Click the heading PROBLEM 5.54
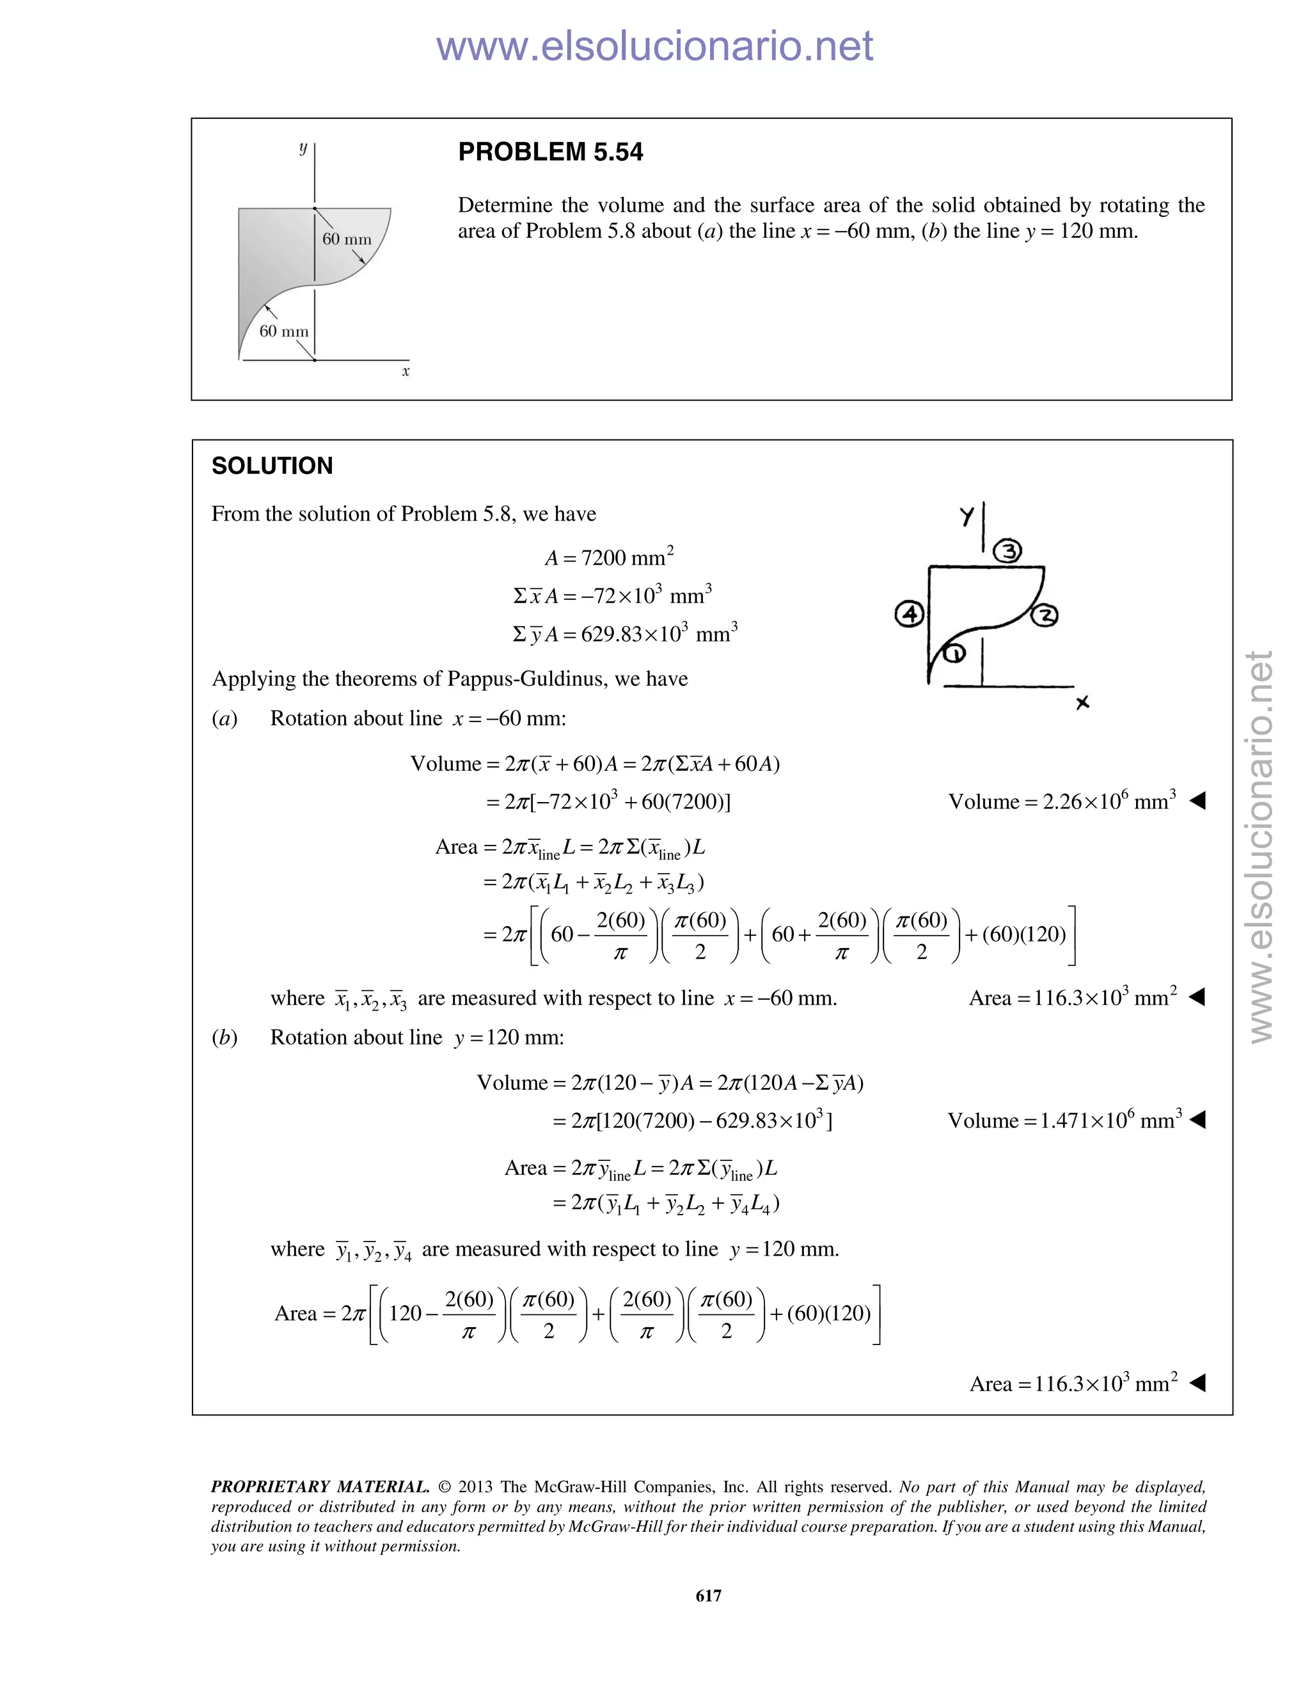tap(550, 152)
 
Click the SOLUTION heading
tap(272, 466)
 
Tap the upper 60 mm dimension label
tap(347, 239)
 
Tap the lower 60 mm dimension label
tap(283, 331)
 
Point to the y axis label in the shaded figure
tap(303, 148)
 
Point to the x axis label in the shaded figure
tap(405, 372)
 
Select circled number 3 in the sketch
tap(1008, 551)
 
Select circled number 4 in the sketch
tap(910, 614)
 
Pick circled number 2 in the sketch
tap(1045, 616)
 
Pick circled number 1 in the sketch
tap(954, 654)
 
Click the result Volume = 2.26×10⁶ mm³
tap(1062, 801)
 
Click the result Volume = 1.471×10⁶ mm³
tap(1064, 1120)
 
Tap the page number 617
tap(708, 1596)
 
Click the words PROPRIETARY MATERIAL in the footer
tap(320, 1487)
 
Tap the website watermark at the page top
tap(654, 47)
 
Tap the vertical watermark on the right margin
tap(1261, 846)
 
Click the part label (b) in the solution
tap(225, 1037)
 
